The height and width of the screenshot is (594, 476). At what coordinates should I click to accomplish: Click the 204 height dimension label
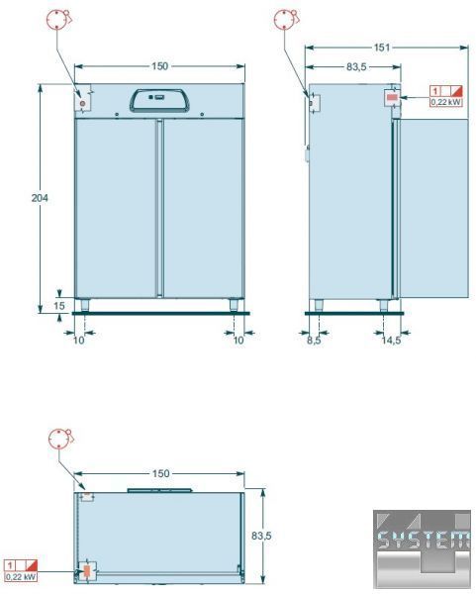(40, 198)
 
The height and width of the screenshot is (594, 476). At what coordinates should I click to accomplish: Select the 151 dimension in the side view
(382, 48)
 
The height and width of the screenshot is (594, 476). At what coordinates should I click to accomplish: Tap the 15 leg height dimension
(59, 305)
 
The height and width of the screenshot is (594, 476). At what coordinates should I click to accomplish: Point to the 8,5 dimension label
(314, 341)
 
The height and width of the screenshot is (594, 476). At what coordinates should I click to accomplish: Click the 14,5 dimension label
(391, 341)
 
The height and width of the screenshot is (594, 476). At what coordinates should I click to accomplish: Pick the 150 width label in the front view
(159, 66)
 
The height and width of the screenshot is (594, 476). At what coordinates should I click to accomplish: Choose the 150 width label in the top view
(160, 473)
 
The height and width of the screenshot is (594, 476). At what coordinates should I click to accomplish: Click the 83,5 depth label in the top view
(261, 536)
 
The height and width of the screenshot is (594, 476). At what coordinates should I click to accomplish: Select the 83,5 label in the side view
(356, 66)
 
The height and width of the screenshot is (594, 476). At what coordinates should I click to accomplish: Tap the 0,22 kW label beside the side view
(446, 102)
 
